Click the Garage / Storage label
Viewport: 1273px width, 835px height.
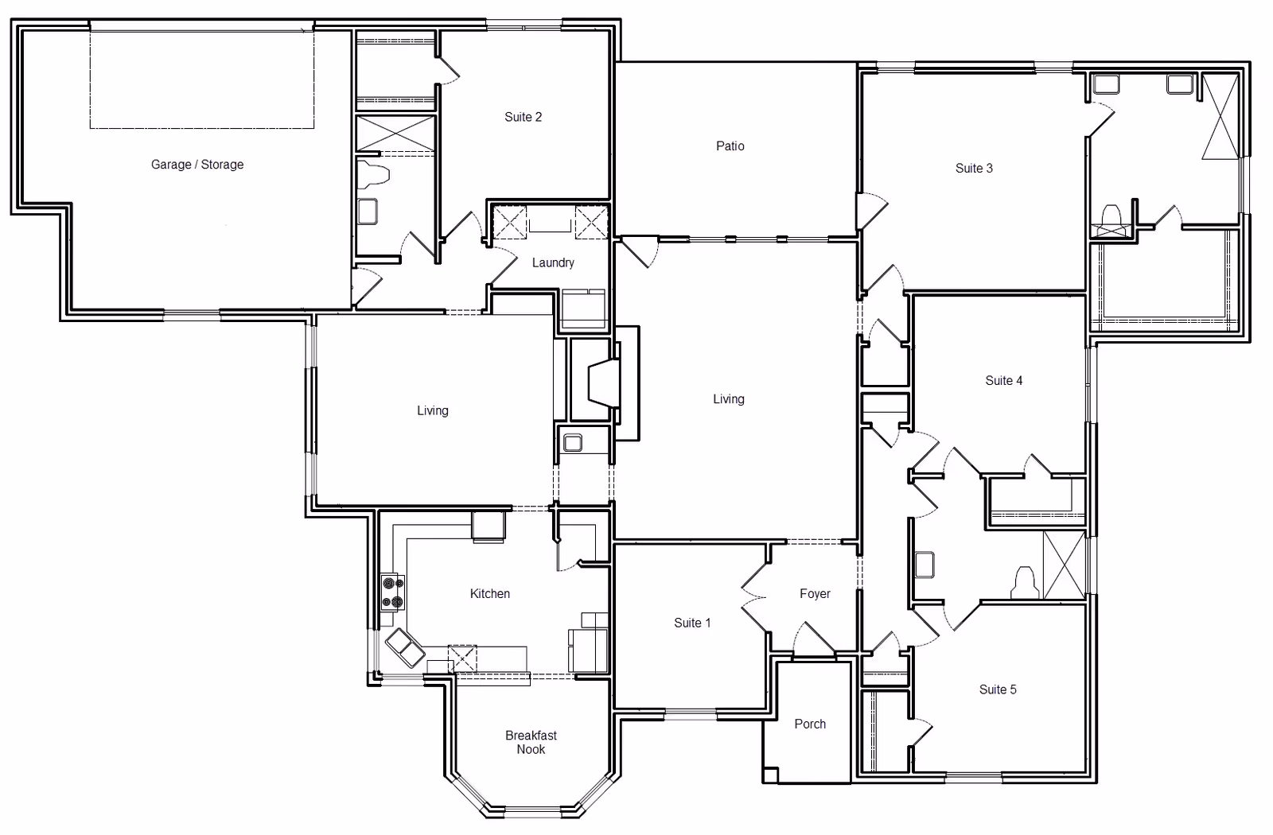coord(197,165)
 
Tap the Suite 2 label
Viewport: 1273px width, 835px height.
coord(524,117)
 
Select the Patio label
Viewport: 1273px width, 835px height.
coord(730,146)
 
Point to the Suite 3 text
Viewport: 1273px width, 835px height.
coord(974,168)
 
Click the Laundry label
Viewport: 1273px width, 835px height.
coord(553,262)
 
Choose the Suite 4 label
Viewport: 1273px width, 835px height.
coord(1003,381)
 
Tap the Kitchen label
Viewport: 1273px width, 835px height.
coord(490,593)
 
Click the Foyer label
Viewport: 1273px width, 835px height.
coord(815,593)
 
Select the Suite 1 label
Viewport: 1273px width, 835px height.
coord(692,623)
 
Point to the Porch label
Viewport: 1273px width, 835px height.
coord(810,724)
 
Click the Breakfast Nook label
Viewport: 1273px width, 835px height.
coord(531,743)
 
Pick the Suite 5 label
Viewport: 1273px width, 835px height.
coord(998,689)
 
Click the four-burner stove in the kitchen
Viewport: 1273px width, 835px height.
coord(393,592)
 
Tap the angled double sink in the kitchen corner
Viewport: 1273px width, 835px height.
coord(405,647)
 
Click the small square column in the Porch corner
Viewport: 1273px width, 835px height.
coord(771,775)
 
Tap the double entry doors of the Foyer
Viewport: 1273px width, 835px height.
coord(755,597)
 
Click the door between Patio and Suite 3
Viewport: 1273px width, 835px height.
coord(872,211)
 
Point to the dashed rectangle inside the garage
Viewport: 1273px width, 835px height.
coord(202,80)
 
